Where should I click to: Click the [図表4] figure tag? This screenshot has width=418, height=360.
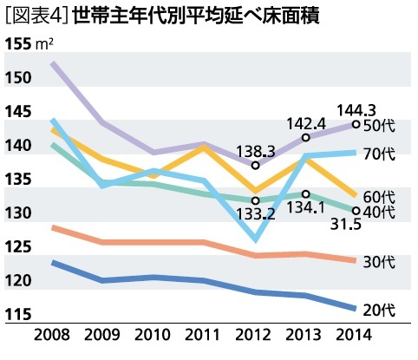pos(36,16)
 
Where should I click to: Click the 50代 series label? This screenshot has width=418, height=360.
pos(380,126)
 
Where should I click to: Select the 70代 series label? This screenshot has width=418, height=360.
pos(380,154)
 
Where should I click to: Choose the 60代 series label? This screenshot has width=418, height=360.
pos(380,196)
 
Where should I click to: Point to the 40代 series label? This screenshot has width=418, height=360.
pos(380,212)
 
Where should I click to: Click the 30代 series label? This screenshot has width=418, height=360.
pos(380,260)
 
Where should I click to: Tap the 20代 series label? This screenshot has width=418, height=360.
pos(380,309)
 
